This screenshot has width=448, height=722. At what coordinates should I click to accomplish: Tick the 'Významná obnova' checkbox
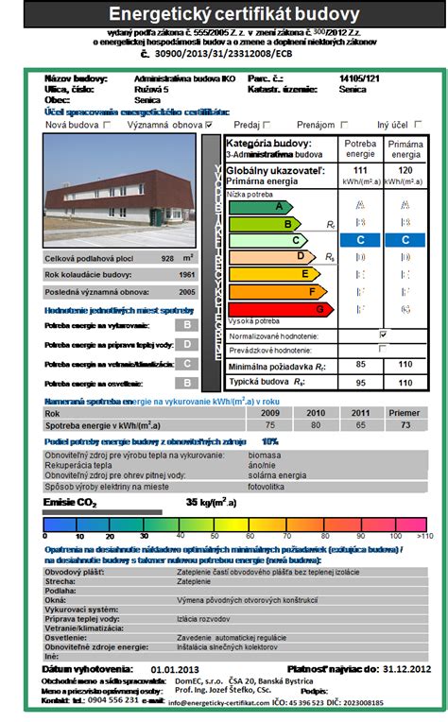209,124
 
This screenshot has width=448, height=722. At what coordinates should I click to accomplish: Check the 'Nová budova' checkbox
100,124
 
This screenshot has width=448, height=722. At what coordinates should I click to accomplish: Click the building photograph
120,192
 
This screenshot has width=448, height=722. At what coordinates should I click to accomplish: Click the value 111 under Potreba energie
359,169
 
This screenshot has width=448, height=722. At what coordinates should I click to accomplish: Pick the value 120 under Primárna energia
405,169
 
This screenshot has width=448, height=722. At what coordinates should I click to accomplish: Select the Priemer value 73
405,426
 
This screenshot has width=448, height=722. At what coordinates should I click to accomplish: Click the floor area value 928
167,258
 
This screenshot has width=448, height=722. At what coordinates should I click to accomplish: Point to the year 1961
187,275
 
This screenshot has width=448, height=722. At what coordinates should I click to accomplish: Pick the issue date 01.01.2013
176,669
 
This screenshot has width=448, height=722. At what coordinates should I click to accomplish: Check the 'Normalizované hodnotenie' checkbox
383,334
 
